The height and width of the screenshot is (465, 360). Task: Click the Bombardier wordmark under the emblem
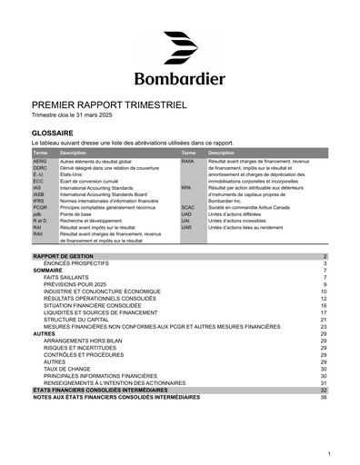pyautogui.click(x=180, y=78)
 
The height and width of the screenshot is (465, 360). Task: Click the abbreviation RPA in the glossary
pyautogui.click(x=186, y=187)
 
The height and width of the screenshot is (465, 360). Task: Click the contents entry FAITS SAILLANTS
pyautogui.click(x=67, y=277)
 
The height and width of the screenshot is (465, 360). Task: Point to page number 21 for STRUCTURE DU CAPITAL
pyautogui.click(x=323, y=319)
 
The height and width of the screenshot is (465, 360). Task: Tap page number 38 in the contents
pyautogui.click(x=323, y=397)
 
